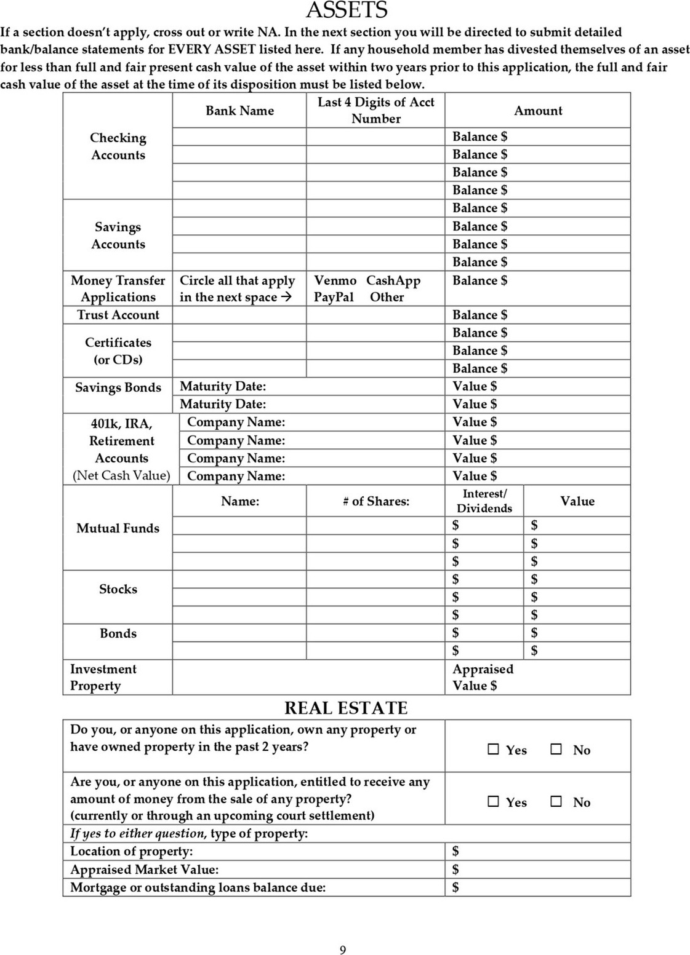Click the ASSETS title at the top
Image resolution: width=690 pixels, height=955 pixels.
[x=347, y=10]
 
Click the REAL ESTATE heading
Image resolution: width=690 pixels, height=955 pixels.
[x=346, y=708]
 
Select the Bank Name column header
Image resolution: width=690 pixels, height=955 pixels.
[x=239, y=111]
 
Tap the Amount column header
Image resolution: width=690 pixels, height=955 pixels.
[x=538, y=111]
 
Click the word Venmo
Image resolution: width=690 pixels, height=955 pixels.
[x=335, y=280]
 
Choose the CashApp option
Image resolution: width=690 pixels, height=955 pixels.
[x=393, y=280]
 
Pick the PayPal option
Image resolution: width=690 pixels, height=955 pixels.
[x=334, y=297]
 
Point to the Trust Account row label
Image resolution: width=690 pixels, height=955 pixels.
[x=118, y=315]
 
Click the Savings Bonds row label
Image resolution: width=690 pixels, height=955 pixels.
[x=118, y=387]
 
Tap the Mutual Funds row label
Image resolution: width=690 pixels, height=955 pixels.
[x=118, y=528]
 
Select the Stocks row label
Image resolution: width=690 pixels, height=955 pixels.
[x=118, y=589]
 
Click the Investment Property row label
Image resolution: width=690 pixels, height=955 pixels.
[x=103, y=677]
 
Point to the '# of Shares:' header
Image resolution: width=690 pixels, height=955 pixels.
[x=375, y=501]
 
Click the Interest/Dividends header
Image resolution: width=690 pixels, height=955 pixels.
[x=484, y=501]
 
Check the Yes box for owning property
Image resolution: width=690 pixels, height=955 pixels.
[x=493, y=749]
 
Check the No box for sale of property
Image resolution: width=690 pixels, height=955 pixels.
[x=556, y=801]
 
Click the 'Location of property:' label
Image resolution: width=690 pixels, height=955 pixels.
[x=131, y=851]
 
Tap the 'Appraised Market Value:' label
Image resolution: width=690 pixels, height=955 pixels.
[x=144, y=870]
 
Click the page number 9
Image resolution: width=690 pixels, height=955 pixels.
[x=343, y=950]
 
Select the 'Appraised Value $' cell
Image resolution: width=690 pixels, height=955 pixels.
[x=483, y=677]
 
